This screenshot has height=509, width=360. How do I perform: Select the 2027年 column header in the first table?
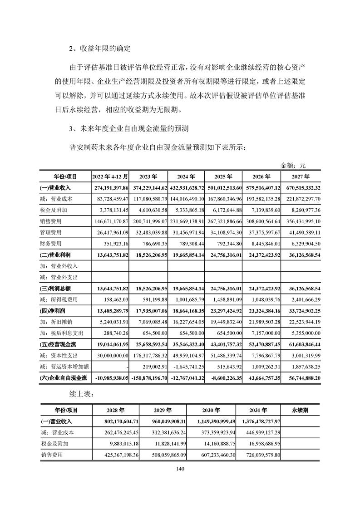point(301,177)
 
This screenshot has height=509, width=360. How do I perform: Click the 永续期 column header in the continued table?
point(300,410)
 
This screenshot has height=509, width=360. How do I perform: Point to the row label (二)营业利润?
point(56,255)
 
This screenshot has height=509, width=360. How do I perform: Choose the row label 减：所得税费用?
point(59,299)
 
